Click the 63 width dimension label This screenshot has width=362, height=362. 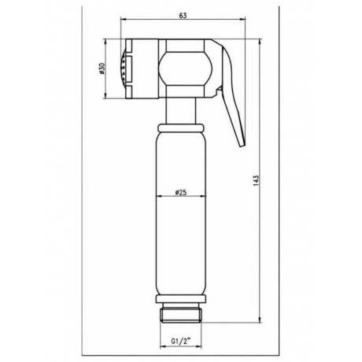183,16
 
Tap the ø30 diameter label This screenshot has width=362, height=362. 102,68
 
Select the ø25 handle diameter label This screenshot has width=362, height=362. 180,193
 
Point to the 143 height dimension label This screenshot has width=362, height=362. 257,181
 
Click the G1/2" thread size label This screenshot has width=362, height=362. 181,342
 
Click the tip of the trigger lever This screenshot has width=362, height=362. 242,146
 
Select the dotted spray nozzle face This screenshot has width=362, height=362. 123,68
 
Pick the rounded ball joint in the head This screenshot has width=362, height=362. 185,68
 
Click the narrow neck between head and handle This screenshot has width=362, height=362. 181,111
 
